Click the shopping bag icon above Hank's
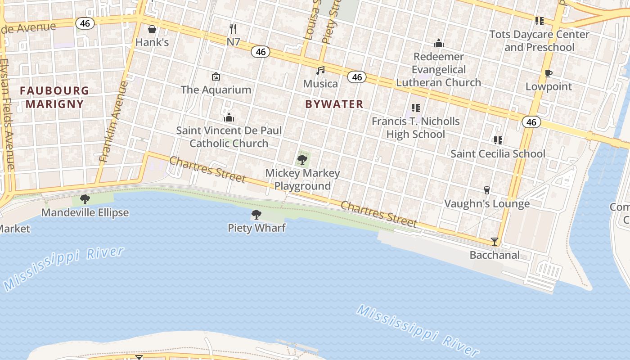click(x=152, y=29)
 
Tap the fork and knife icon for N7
click(x=233, y=29)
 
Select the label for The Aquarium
click(x=216, y=90)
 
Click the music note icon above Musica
click(x=320, y=70)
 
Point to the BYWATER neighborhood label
click(x=334, y=104)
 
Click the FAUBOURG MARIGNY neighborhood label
click(x=54, y=97)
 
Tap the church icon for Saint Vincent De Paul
click(x=229, y=117)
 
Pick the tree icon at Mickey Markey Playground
click(x=302, y=159)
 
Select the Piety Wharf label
click(x=256, y=228)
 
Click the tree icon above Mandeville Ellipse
click(x=85, y=199)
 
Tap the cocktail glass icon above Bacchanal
click(x=495, y=242)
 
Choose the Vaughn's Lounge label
click(x=487, y=204)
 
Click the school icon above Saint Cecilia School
click(x=498, y=140)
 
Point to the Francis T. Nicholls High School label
click(x=416, y=128)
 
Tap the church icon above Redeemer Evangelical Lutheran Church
click(x=439, y=43)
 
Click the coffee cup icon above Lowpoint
click(x=548, y=74)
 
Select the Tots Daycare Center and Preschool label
click(x=539, y=40)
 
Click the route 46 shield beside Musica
click(x=357, y=77)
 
